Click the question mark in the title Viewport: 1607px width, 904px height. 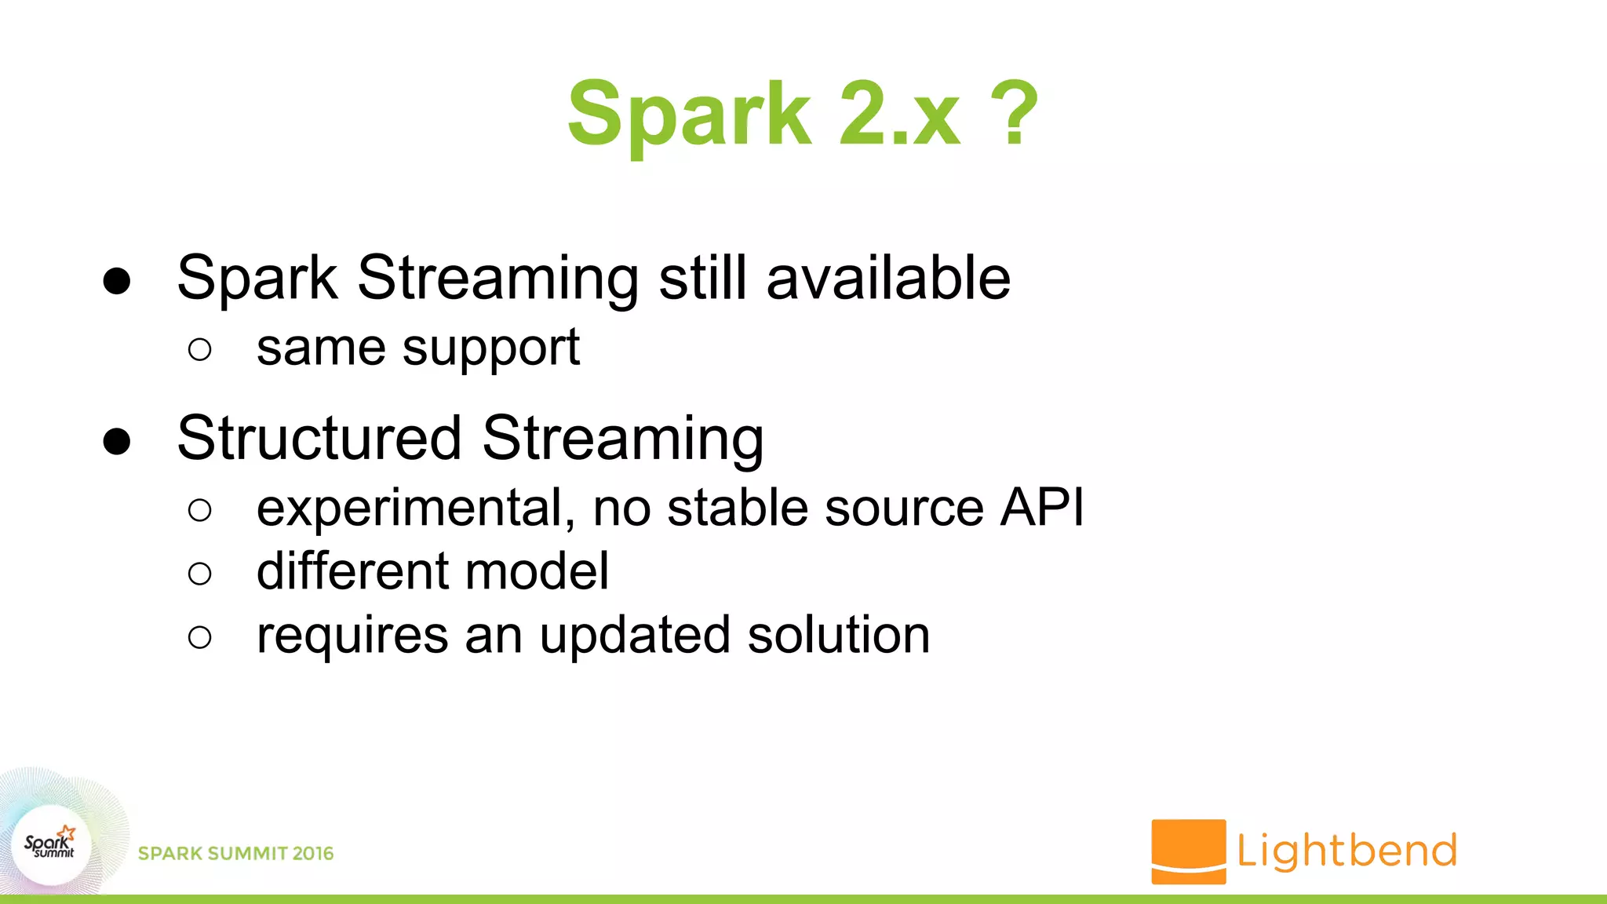tap(1015, 114)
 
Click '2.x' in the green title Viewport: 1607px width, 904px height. tap(899, 114)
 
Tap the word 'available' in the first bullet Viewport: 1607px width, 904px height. tap(888, 278)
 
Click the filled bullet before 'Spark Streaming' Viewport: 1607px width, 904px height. tap(117, 281)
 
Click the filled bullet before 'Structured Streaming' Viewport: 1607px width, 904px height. tap(117, 441)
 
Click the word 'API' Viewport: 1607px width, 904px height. tap(1042, 507)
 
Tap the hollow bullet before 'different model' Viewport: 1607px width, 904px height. tap(200, 574)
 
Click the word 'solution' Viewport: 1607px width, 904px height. tap(838, 635)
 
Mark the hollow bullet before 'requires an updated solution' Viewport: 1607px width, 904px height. tap(200, 637)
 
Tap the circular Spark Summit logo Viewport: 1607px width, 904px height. tap(51, 845)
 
